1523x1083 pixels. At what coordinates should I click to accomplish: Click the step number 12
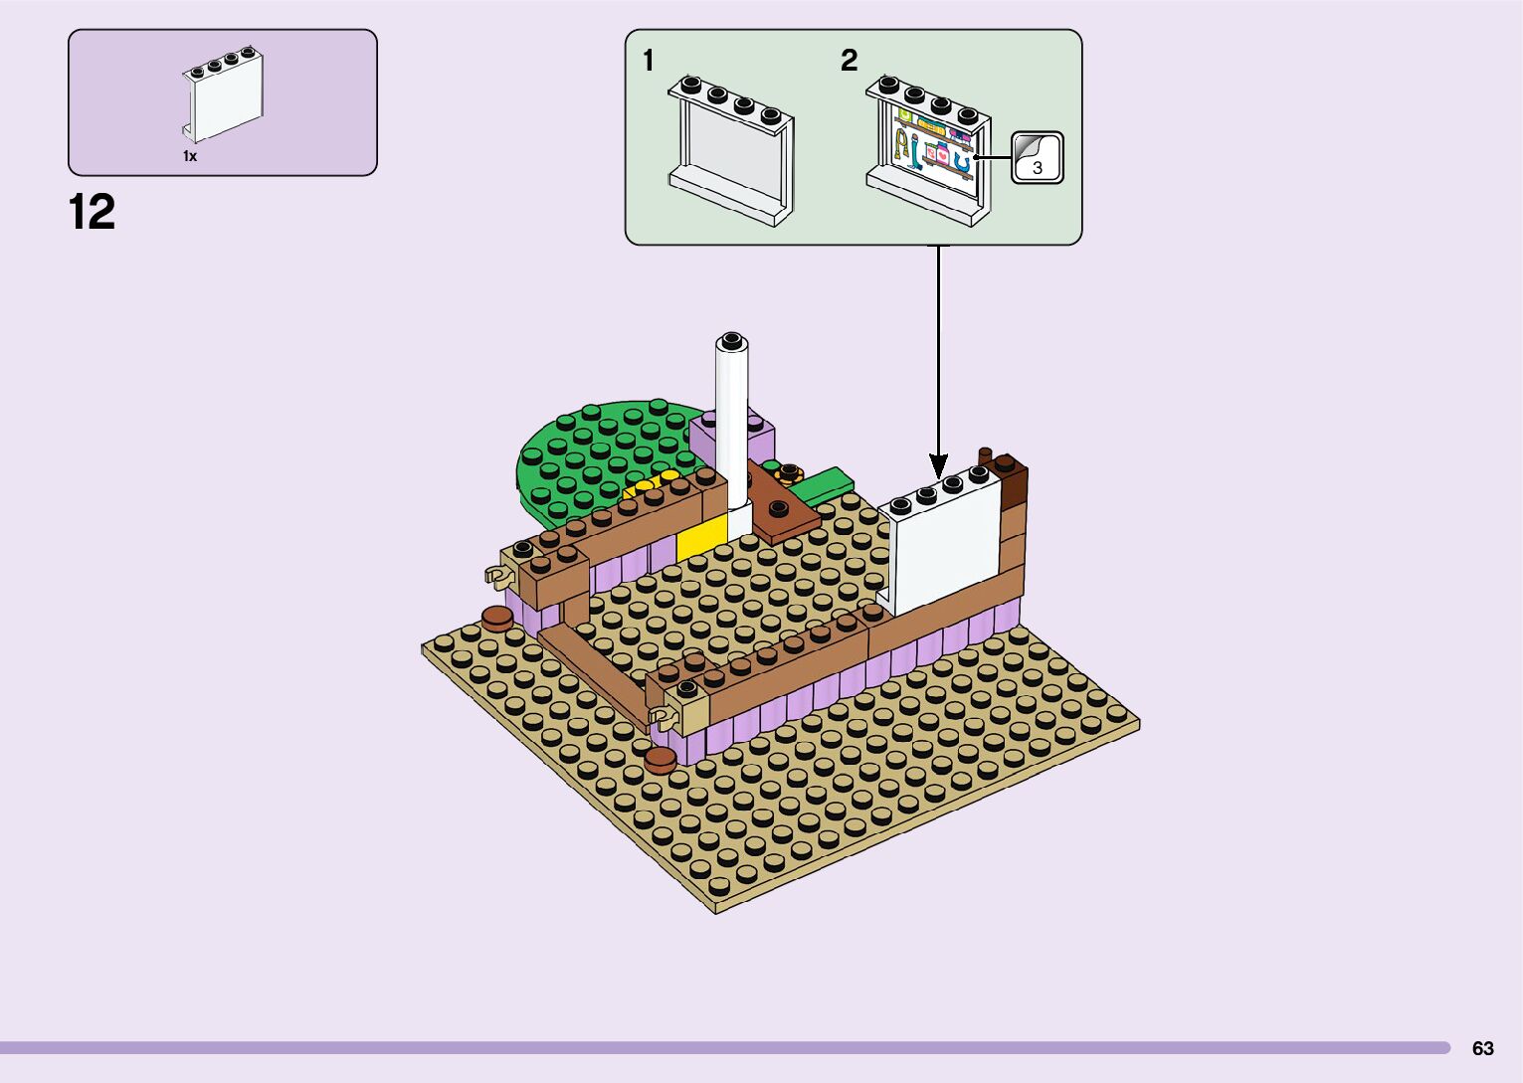[92, 212]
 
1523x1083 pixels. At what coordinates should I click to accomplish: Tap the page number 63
[1482, 1048]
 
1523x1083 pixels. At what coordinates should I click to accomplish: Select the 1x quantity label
[190, 156]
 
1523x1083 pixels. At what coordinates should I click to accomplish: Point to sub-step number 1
[649, 61]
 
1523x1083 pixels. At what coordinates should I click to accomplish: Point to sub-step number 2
[849, 61]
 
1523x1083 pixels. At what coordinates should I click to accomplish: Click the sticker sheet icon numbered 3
[1038, 158]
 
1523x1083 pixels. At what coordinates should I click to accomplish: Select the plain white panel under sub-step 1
[731, 149]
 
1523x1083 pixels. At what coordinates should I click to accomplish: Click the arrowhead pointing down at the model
[937, 464]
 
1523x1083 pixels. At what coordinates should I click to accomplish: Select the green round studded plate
[597, 448]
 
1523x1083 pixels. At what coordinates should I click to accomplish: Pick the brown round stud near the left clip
[496, 619]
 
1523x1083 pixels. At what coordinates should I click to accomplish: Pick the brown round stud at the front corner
[660, 761]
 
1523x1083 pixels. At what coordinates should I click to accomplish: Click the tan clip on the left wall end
[495, 574]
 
